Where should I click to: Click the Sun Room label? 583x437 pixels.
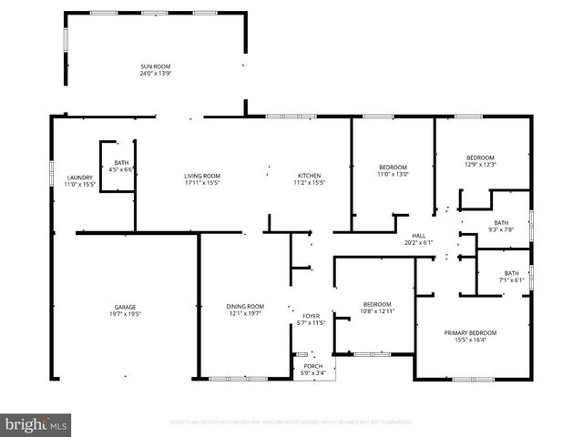point(155,66)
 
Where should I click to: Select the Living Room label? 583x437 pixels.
point(202,176)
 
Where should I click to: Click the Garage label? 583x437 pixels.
point(125,307)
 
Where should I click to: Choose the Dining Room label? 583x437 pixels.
point(245,307)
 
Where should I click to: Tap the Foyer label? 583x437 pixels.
point(312,316)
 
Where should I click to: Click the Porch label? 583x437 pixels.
point(312,366)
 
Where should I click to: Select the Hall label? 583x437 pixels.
point(419,235)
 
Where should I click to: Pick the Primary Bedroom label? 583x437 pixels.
point(470,333)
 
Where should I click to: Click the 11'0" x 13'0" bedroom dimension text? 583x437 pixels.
point(393,174)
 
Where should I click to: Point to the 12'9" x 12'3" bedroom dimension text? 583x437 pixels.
point(480,164)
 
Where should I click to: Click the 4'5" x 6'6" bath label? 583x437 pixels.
point(120,169)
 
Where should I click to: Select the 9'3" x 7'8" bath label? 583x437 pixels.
point(501,229)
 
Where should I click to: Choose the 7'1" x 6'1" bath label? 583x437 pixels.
point(511,279)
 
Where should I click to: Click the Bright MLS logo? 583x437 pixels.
point(36,424)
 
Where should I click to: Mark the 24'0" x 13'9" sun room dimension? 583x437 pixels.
point(155,74)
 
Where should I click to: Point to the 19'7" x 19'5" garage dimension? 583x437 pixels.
point(125,314)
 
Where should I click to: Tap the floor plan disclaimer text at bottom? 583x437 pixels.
point(291,422)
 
